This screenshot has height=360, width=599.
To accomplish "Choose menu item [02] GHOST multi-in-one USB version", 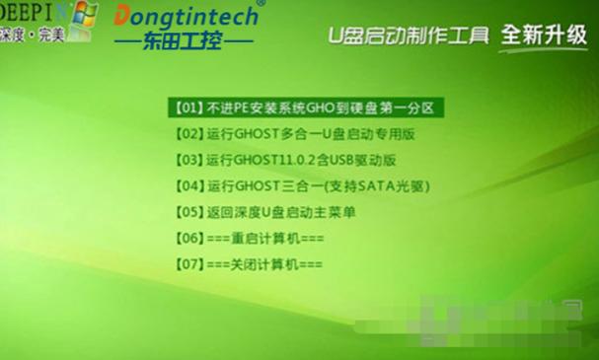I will point(295,132).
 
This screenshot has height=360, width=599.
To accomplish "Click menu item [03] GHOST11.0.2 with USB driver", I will point(286,159).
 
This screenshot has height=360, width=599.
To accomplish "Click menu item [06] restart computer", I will point(248,239).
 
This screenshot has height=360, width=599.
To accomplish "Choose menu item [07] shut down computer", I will point(248,265).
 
